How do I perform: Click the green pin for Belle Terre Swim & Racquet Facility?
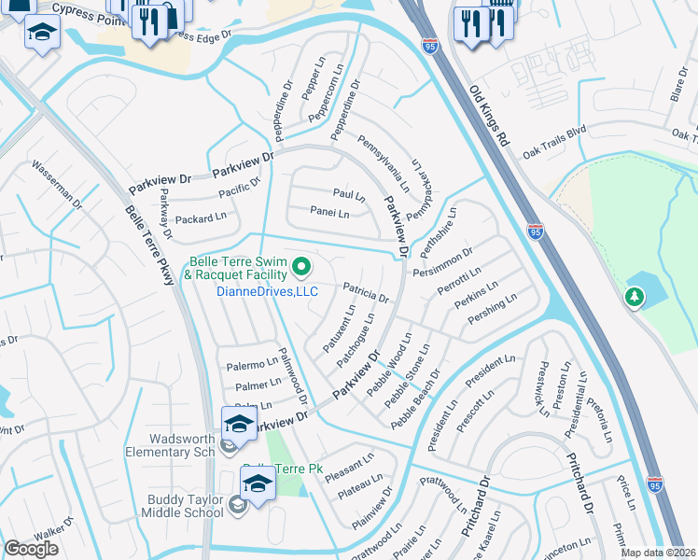click(x=301, y=269)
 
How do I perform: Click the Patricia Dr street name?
click(x=365, y=292)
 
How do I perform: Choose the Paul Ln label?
click(x=349, y=194)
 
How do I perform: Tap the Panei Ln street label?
click(x=329, y=214)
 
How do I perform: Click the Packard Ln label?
click(x=201, y=217)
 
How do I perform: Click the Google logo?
click(x=31, y=549)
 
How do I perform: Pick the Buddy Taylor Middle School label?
click(x=186, y=505)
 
